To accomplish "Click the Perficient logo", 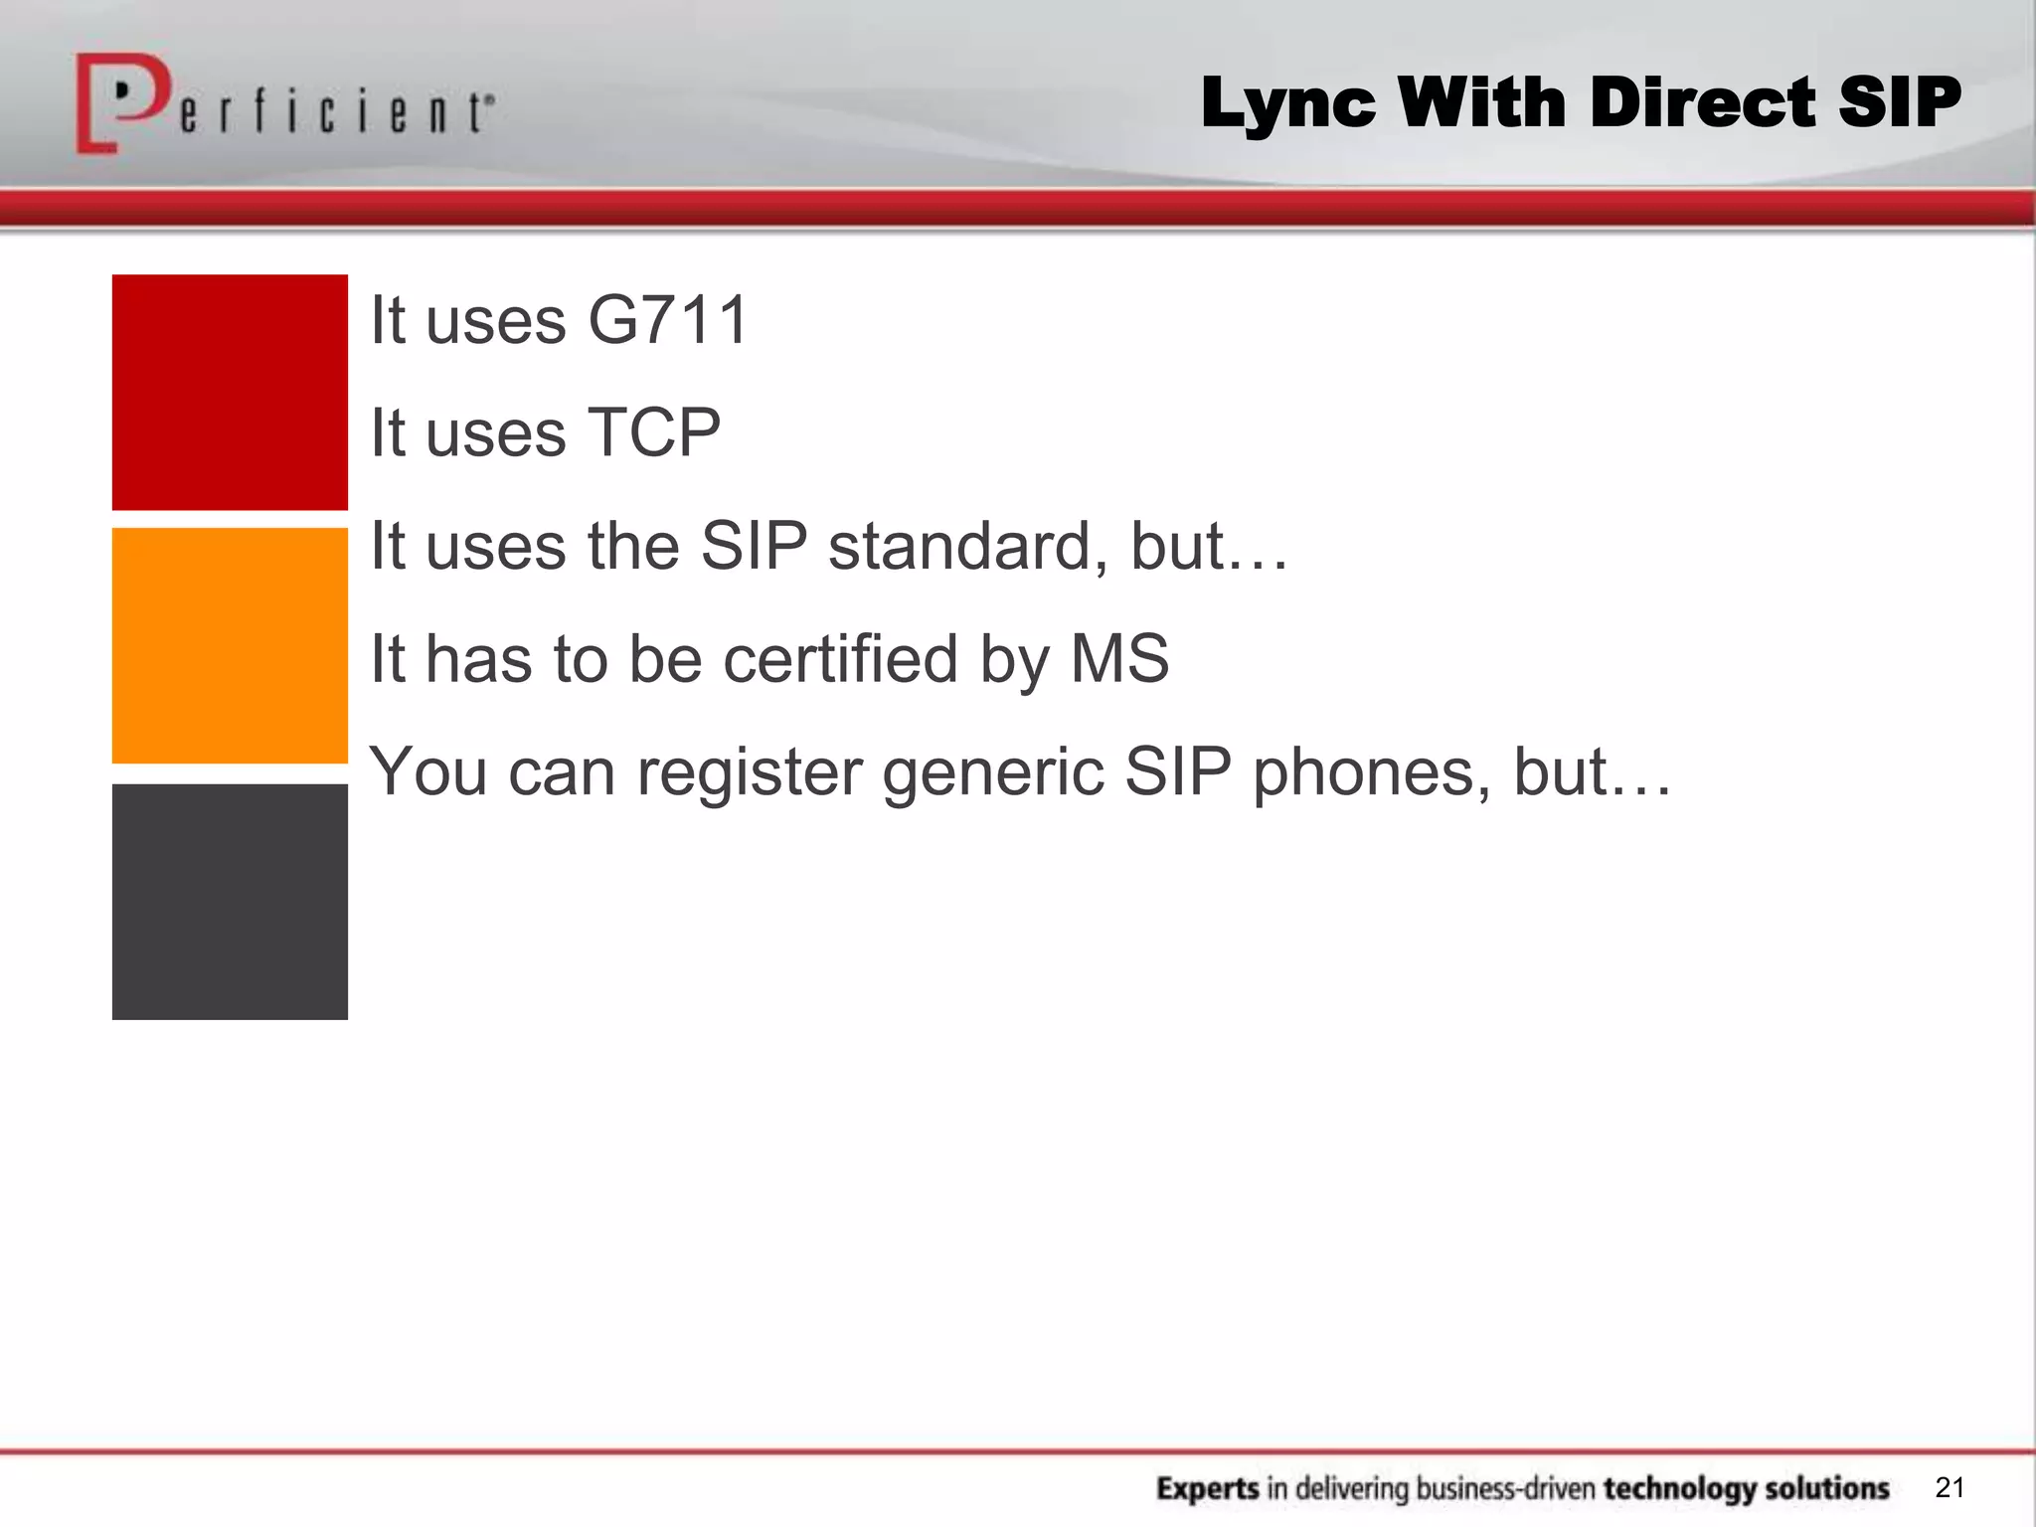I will pos(283,104).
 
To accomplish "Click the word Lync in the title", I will pos(1288,103).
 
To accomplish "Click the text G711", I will pos(668,320).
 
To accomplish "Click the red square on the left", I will pos(230,392).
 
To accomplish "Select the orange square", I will pos(230,645).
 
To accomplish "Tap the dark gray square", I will pos(230,902).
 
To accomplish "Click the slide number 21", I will pos(1950,1487).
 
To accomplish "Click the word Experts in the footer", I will pos(1208,1489).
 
